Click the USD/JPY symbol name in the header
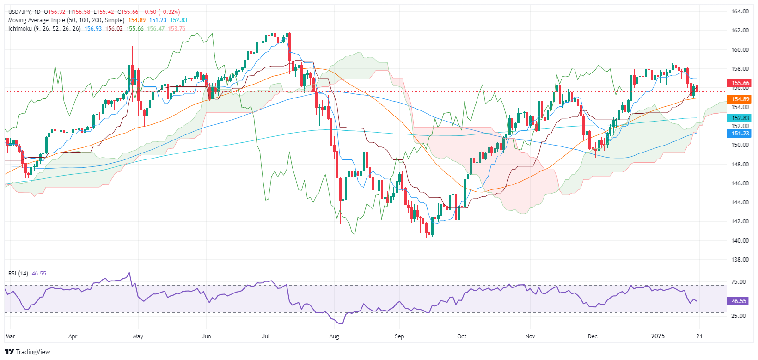coord(19,12)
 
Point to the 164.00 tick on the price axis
coord(740,12)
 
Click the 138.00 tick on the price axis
coord(740,259)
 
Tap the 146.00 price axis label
coord(740,183)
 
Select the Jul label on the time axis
coord(266,336)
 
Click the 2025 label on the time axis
coord(658,336)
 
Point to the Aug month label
coord(334,336)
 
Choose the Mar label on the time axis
coord(10,336)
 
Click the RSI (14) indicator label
coord(18,274)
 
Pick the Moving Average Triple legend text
coord(66,20)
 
